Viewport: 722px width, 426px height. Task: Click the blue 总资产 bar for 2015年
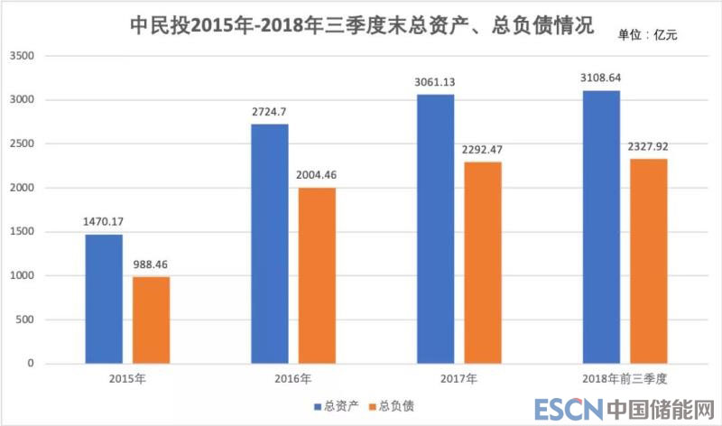(x=104, y=299)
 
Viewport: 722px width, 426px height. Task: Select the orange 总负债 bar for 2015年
(x=151, y=319)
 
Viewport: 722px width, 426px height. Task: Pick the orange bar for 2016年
(x=317, y=275)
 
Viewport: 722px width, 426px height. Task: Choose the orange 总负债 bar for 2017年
(x=483, y=263)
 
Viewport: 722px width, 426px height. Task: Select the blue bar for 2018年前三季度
(x=601, y=227)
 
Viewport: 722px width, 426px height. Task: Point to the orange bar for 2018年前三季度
(x=649, y=261)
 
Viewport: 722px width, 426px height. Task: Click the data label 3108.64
(x=601, y=78)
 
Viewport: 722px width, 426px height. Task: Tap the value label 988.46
(x=152, y=264)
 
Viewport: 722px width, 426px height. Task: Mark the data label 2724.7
(x=270, y=111)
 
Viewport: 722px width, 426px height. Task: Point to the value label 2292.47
(x=483, y=149)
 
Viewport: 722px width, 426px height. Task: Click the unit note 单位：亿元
(x=646, y=35)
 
